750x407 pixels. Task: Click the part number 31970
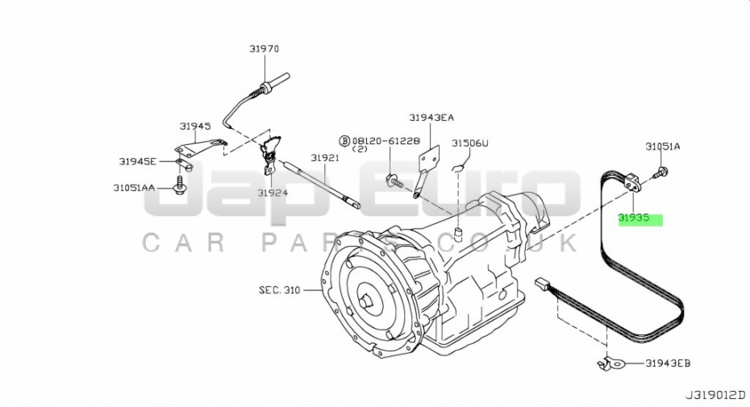click(x=264, y=49)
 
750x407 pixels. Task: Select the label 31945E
click(x=138, y=162)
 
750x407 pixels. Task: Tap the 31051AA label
click(x=134, y=188)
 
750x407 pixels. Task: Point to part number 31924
click(x=273, y=193)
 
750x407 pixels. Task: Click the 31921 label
click(x=325, y=158)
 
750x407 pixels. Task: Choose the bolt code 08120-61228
click(x=386, y=141)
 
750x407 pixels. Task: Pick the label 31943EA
click(x=431, y=117)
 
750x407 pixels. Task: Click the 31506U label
click(x=470, y=143)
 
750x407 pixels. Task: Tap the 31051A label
click(x=662, y=147)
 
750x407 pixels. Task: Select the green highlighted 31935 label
click(x=640, y=219)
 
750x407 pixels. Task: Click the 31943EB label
click(x=668, y=363)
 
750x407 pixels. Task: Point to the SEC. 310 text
click(x=280, y=290)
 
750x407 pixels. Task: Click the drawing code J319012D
click(x=715, y=396)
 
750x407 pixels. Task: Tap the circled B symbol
click(x=345, y=141)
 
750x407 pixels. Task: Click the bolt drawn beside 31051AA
click(x=180, y=185)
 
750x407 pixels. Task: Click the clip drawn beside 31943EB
click(x=611, y=364)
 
